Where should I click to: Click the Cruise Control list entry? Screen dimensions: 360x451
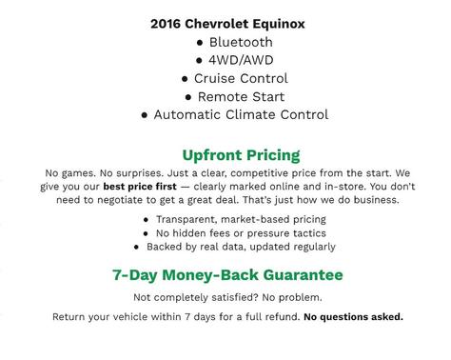tap(234, 78)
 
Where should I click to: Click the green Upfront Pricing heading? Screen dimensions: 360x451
tap(241, 154)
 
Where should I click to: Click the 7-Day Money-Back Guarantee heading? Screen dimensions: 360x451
tap(226, 275)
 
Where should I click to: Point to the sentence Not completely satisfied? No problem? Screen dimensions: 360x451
tap(226, 297)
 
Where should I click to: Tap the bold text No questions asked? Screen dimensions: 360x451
tap(353, 316)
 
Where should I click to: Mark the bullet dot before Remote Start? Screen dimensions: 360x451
tap(189, 97)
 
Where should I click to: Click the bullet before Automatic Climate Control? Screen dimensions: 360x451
tap(144, 115)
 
